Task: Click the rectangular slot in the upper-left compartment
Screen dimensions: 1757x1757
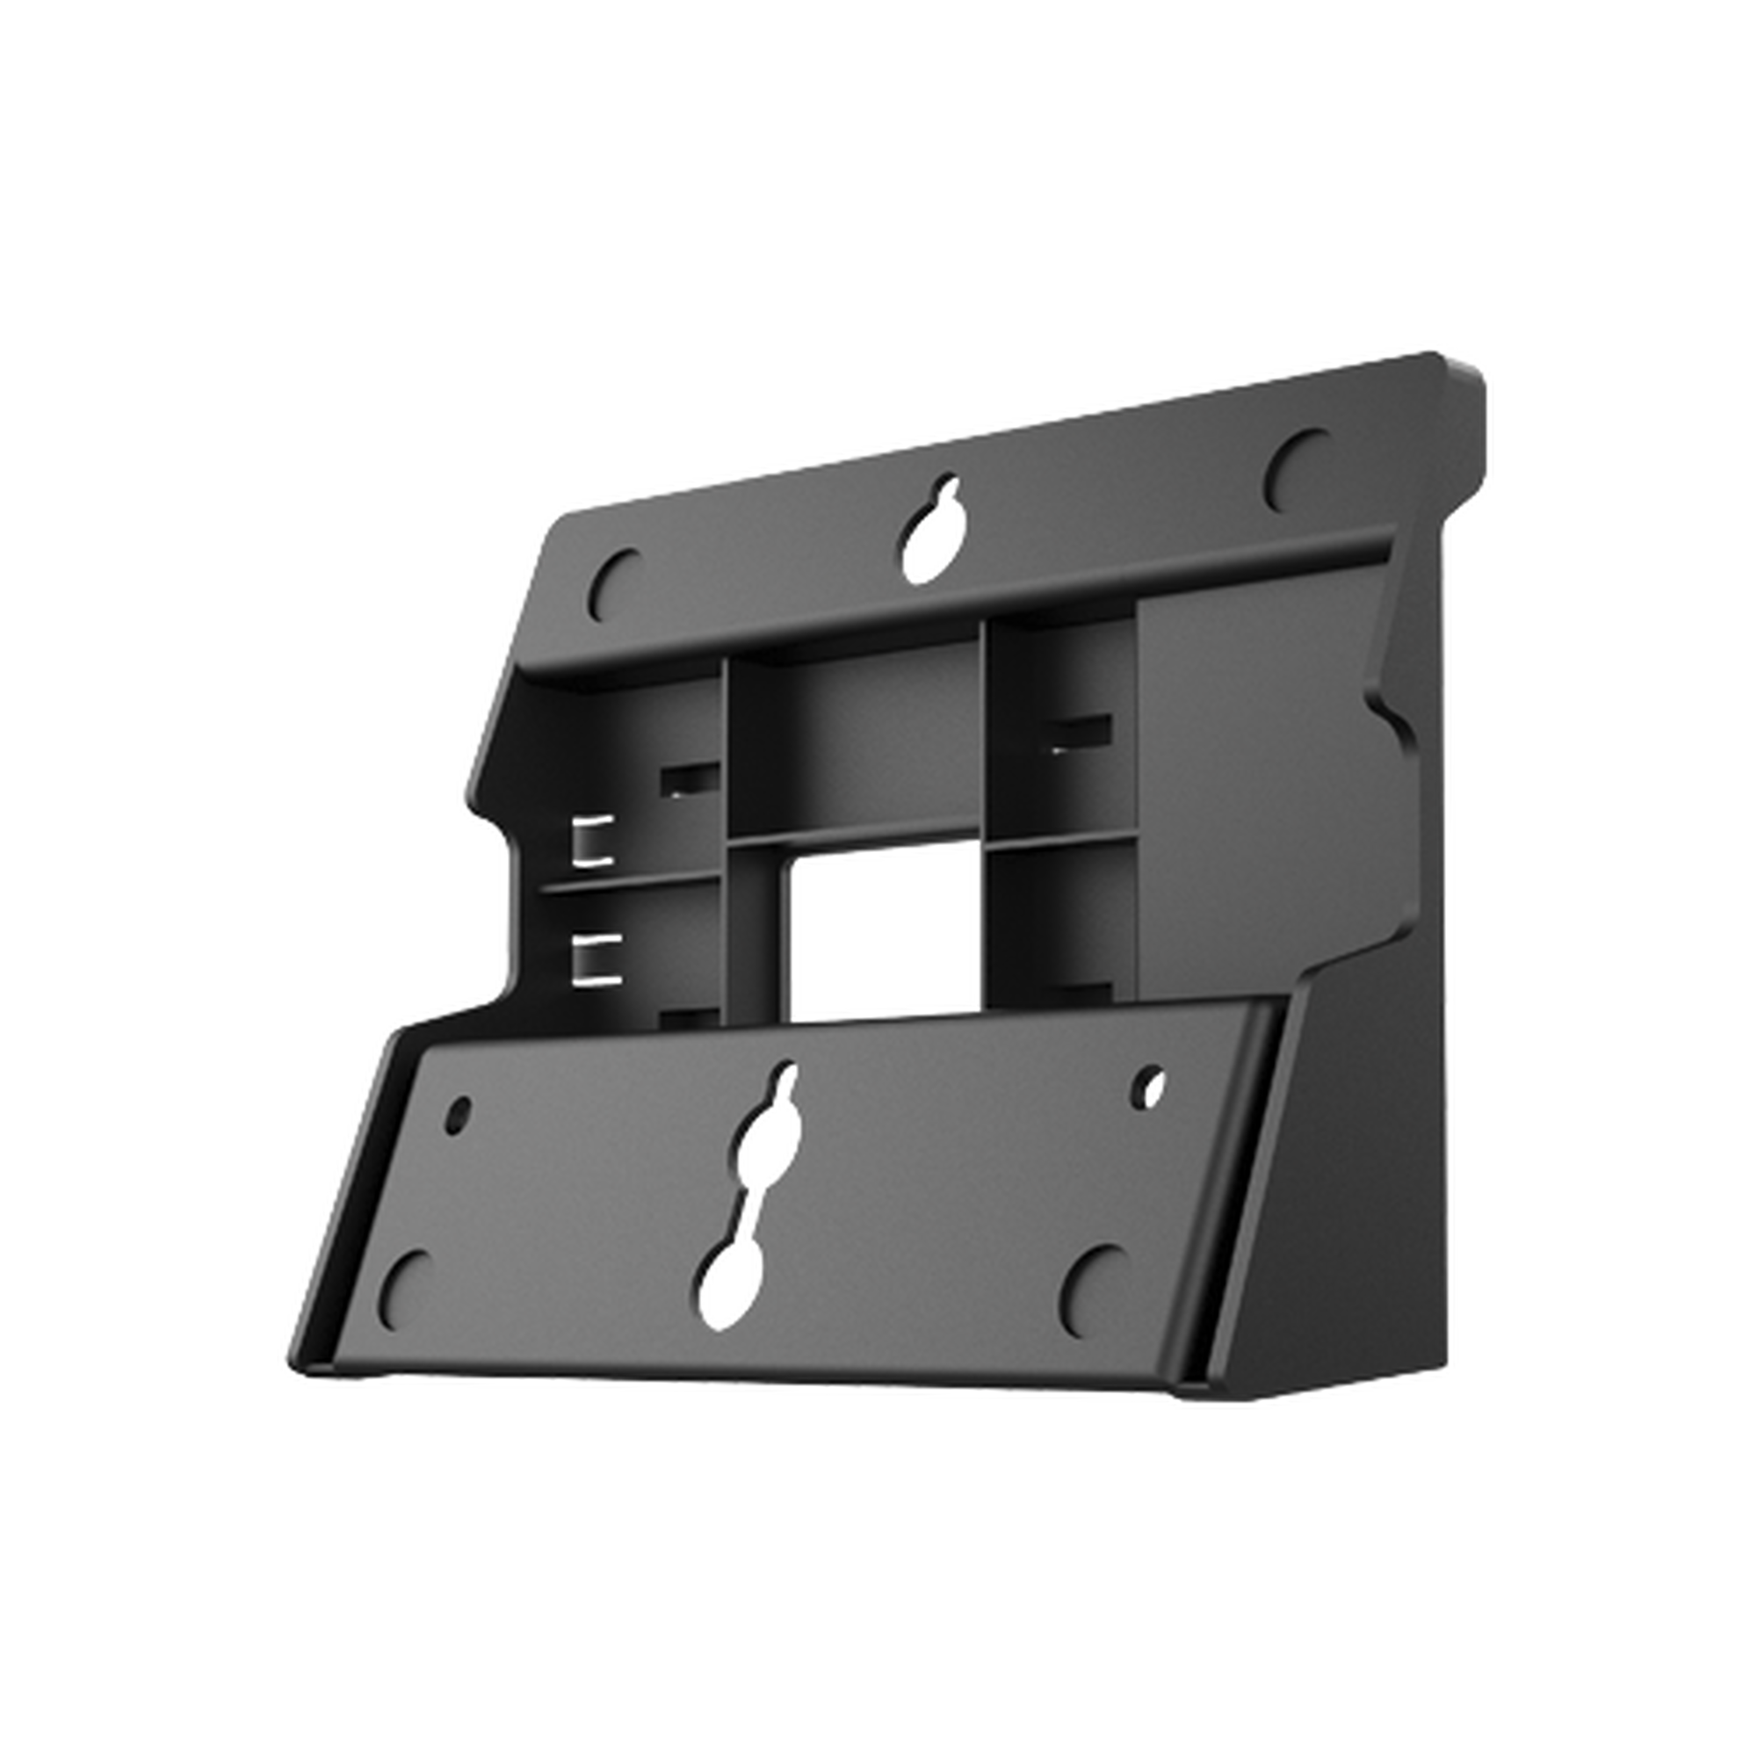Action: [690, 778]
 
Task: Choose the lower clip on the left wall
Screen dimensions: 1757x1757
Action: [595, 958]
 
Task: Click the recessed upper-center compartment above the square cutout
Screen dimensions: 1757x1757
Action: [855, 741]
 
